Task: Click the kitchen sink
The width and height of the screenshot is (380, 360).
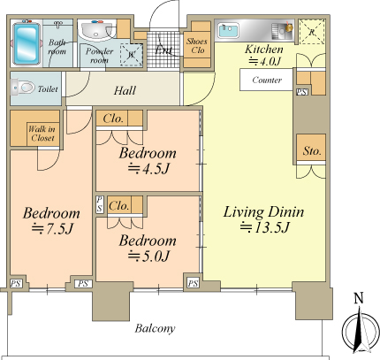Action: pyautogui.click(x=229, y=30)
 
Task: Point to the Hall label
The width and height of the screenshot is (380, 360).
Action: pyautogui.click(x=125, y=90)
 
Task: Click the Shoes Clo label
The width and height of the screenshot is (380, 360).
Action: pyautogui.click(x=197, y=45)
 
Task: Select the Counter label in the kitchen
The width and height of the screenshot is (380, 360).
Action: pyautogui.click(x=267, y=80)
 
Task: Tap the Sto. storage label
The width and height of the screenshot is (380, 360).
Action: pyautogui.click(x=312, y=151)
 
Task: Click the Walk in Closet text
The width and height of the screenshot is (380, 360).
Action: pyautogui.click(x=42, y=134)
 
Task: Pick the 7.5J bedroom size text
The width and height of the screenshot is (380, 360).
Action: pyautogui.click(x=52, y=228)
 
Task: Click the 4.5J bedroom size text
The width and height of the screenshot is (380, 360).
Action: pyautogui.click(x=148, y=168)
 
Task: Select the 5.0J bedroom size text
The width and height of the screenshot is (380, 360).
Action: pyautogui.click(x=148, y=256)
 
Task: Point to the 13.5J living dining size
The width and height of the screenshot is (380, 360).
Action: pyautogui.click(x=265, y=227)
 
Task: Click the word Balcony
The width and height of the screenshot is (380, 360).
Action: pyautogui.click(x=156, y=328)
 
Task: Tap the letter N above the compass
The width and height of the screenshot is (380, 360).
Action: pyautogui.click(x=359, y=299)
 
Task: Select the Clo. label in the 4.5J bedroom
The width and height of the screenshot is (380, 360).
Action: pyautogui.click(x=113, y=119)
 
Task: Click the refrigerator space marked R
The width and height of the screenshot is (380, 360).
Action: pyautogui.click(x=312, y=32)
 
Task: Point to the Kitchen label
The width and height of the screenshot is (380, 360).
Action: pyautogui.click(x=264, y=50)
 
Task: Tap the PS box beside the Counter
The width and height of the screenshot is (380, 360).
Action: pyautogui.click(x=301, y=92)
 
